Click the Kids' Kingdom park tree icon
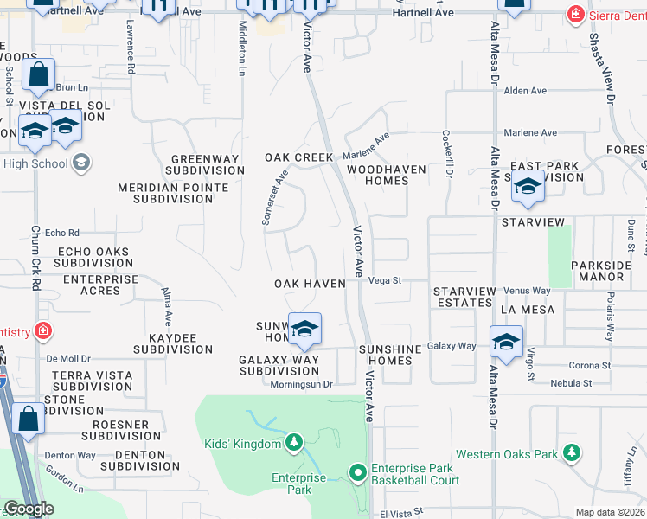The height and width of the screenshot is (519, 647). (x=294, y=444)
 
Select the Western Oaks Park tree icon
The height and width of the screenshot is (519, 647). (x=571, y=453)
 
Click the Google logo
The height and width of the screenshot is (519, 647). (x=29, y=509)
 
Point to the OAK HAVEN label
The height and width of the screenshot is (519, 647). (x=310, y=284)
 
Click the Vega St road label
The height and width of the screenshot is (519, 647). (x=386, y=280)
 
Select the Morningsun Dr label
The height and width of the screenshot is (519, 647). (x=301, y=385)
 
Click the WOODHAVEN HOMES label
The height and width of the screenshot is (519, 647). (x=387, y=176)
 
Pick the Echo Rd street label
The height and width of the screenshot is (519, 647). (x=61, y=233)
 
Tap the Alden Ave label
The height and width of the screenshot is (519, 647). (x=526, y=91)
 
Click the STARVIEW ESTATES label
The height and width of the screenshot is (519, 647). (x=463, y=297)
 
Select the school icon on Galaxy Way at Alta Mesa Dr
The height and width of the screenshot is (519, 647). (x=506, y=340)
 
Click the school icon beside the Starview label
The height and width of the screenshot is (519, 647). (x=528, y=186)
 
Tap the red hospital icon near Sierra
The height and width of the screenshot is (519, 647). (x=574, y=14)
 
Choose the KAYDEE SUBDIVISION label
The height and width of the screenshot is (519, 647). (x=173, y=343)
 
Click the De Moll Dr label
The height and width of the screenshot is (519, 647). (x=68, y=357)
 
